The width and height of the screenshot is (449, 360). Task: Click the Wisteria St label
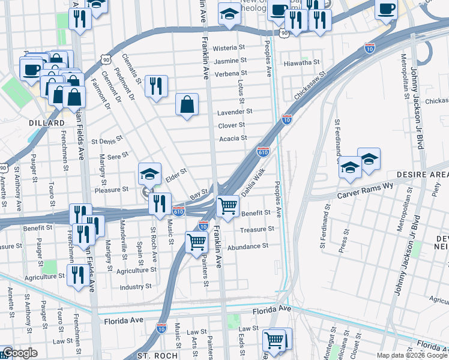(229, 47)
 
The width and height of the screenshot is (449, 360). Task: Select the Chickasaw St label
(309, 85)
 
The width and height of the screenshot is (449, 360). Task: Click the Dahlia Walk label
(253, 182)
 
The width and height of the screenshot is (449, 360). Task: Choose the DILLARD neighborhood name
(46, 123)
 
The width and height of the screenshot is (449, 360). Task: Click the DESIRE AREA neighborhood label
(423, 174)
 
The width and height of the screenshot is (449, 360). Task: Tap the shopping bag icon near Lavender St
(187, 104)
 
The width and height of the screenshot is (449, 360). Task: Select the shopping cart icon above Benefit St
(228, 205)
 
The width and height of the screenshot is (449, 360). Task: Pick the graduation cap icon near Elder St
(149, 173)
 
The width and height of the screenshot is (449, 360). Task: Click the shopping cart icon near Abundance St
(196, 243)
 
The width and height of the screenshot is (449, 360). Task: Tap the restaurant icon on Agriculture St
(77, 275)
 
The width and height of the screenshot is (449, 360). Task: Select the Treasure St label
(257, 229)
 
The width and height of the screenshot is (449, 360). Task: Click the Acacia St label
(233, 138)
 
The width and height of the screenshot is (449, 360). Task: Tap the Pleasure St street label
(111, 189)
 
